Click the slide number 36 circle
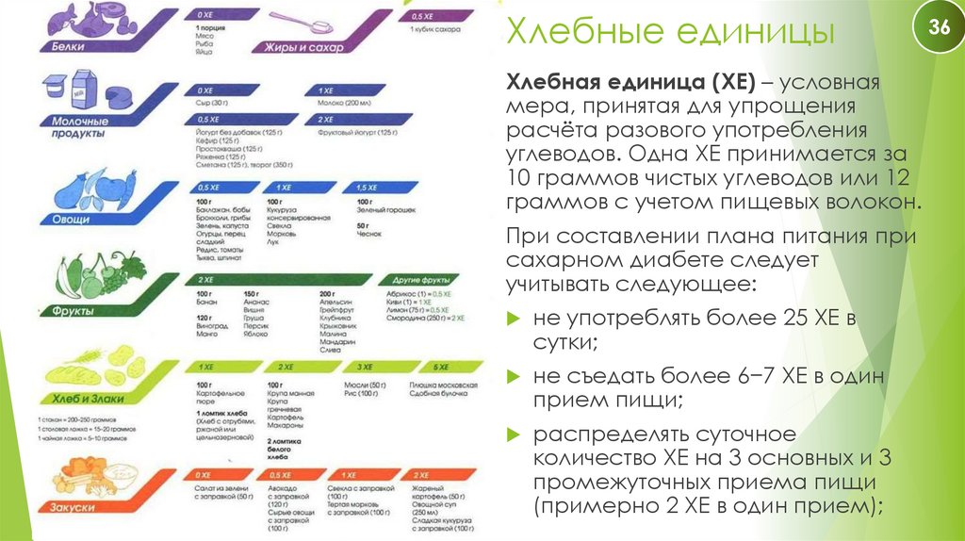pyautogui.click(x=939, y=27)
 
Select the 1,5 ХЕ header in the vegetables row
pyautogui.click(x=367, y=189)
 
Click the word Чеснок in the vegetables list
pyautogui.click(x=368, y=232)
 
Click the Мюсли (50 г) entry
pyautogui.click(x=362, y=385)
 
